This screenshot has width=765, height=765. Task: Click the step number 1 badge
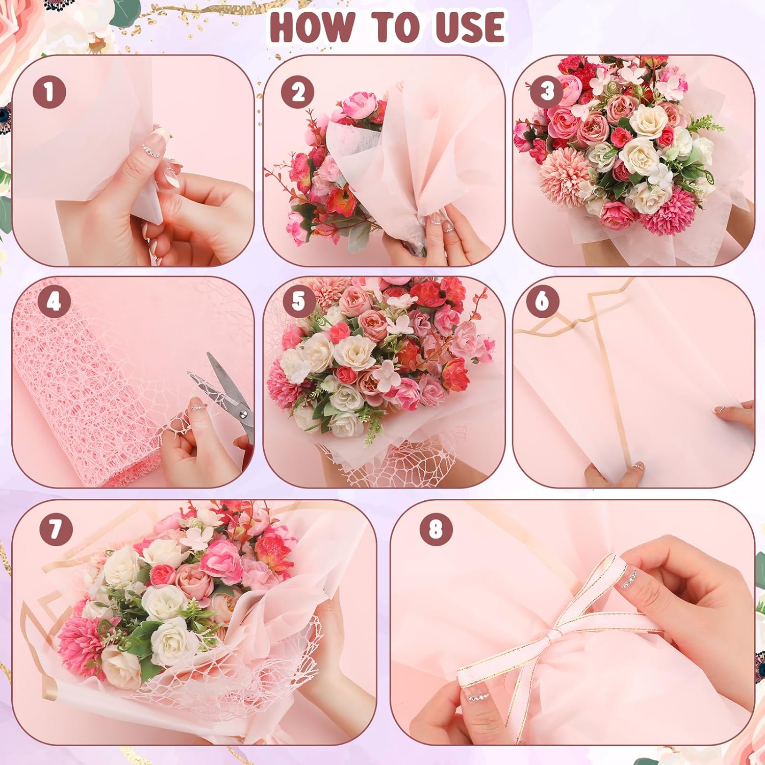click(x=49, y=92)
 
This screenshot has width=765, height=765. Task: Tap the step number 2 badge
click(x=298, y=92)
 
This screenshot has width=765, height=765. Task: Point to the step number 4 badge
click(x=54, y=301)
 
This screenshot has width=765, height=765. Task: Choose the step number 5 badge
click(x=298, y=301)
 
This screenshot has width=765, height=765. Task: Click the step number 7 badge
click(x=56, y=529)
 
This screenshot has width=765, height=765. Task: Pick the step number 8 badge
click(x=436, y=529)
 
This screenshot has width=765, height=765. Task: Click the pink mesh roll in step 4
click(x=82, y=393)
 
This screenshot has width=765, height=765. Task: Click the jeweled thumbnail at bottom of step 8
click(x=477, y=696)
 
